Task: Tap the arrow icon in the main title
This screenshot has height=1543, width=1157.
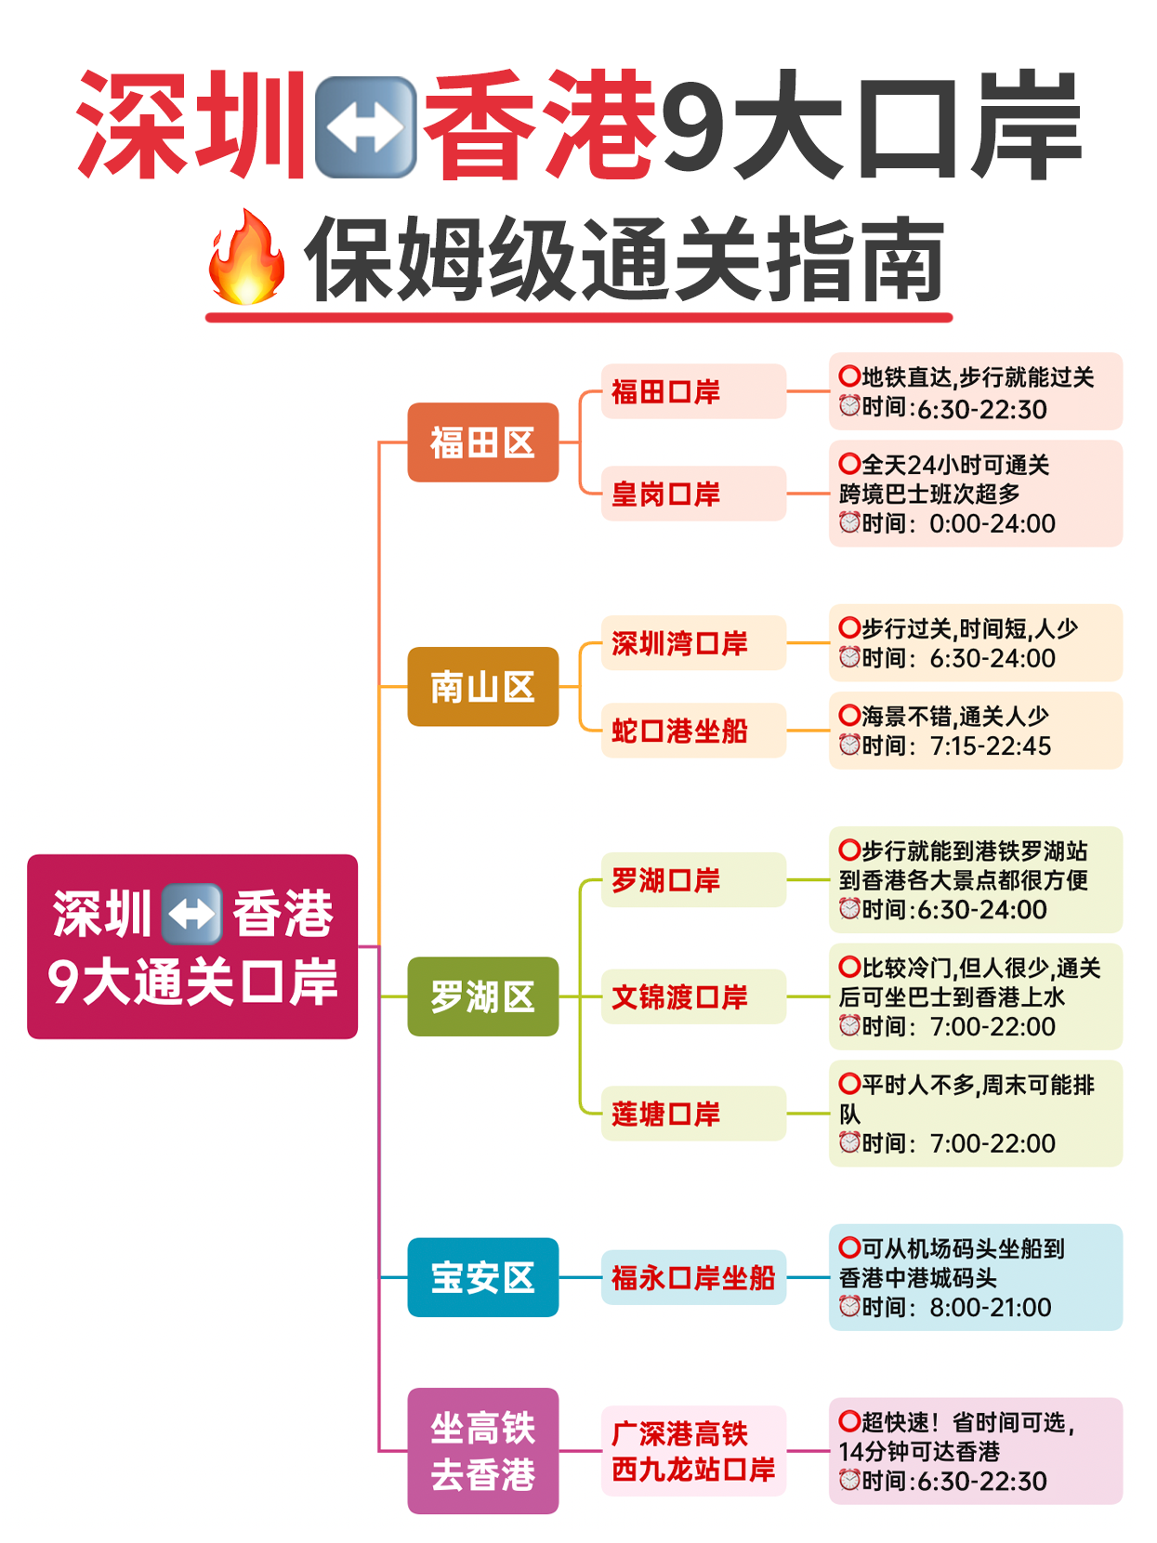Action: pyautogui.click(x=365, y=127)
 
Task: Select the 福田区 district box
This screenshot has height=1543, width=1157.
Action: pyautogui.click(x=482, y=442)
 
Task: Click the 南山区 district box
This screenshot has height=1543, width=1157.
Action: pyautogui.click(x=482, y=686)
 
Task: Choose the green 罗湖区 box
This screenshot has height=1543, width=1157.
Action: pyautogui.click(x=482, y=996)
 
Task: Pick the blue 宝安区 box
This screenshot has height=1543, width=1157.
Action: pyautogui.click(x=482, y=1276)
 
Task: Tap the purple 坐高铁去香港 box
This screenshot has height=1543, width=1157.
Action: pyautogui.click(x=482, y=1450)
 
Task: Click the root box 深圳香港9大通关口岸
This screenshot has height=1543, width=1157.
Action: pyautogui.click(x=192, y=946)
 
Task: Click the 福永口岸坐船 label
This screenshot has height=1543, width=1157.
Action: pyautogui.click(x=693, y=1276)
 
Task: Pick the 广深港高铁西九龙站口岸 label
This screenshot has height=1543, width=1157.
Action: pyautogui.click(x=693, y=1450)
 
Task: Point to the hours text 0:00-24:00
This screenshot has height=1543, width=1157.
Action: pyautogui.click(x=992, y=523)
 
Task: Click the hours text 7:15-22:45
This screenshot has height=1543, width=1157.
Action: pyautogui.click(x=991, y=745)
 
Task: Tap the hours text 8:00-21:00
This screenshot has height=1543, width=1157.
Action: pyautogui.click(x=991, y=1308)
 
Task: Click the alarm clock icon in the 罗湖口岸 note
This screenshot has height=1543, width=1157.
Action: pyautogui.click(x=849, y=908)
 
